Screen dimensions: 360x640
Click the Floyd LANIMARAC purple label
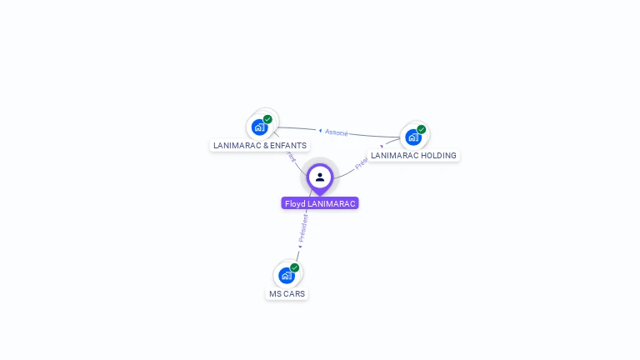point(320,203)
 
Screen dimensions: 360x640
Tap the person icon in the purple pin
point(320,177)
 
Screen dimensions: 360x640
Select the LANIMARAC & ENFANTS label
point(260,145)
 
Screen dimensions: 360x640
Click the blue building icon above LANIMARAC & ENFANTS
point(259,127)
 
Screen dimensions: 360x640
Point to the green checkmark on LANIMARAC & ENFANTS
point(267,119)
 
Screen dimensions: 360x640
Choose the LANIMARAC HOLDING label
point(413,155)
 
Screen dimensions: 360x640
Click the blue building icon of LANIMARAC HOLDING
point(412,137)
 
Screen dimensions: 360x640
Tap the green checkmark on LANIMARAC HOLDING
point(422,129)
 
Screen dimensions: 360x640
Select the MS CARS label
point(287,293)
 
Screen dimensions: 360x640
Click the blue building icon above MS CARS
point(286,276)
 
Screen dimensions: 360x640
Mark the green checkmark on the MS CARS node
point(294,267)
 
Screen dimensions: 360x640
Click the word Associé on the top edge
point(337,132)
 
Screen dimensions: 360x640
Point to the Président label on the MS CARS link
point(303,227)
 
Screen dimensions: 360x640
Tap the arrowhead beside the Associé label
point(320,130)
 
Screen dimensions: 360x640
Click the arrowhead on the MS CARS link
point(300,246)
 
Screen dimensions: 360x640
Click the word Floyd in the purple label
point(295,203)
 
